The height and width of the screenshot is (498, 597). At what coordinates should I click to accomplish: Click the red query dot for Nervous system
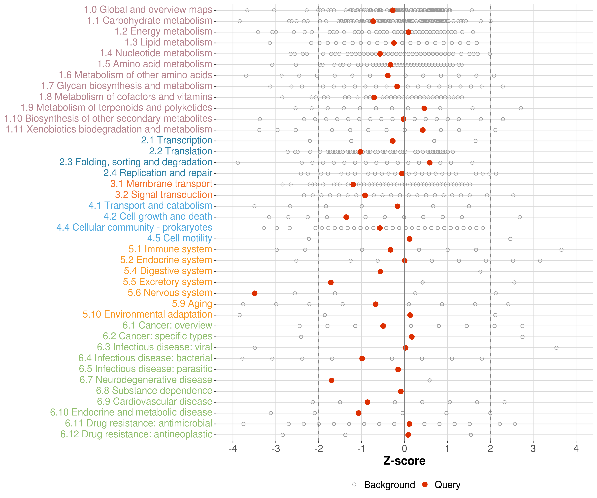click(255, 293)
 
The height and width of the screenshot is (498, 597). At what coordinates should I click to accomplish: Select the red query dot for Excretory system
click(331, 282)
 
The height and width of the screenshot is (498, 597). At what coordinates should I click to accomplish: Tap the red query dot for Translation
click(360, 152)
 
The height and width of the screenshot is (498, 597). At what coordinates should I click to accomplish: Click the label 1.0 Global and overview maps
click(148, 10)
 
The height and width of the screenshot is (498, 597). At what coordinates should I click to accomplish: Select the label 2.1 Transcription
click(177, 140)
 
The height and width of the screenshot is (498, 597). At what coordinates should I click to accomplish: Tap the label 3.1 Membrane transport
click(161, 184)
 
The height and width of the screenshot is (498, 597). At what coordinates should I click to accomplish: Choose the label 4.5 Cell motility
click(180, 238)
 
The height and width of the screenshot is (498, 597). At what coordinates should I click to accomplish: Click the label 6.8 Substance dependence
click(154, 391)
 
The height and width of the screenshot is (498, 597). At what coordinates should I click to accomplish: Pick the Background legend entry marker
click(354, 485)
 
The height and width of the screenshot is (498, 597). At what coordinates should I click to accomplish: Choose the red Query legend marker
click(425, 485)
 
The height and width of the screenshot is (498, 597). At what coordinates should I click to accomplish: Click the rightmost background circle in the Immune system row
click(562, 250)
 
